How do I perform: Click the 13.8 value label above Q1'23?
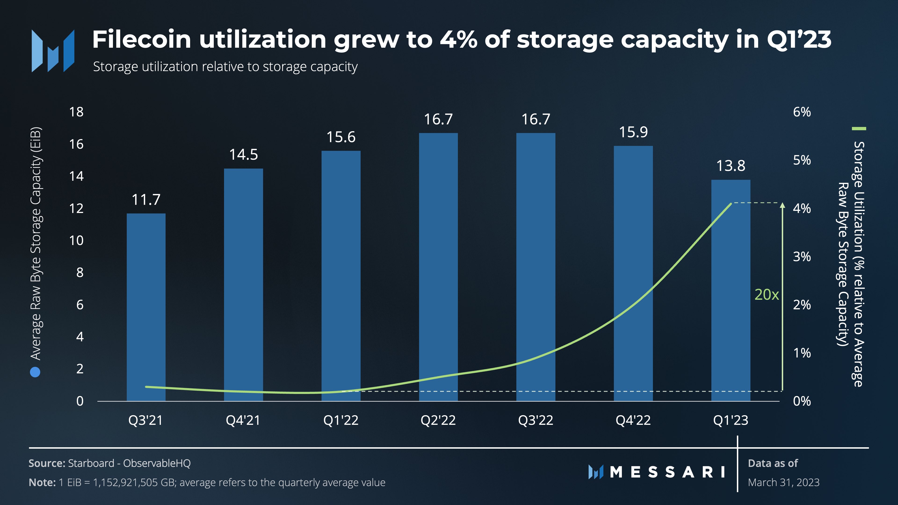pyautogui.click(x=731, y=166)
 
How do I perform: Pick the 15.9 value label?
pyautogui.click(x=633, y=132)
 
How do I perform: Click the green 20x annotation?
pyautogui.click(x=766, y=295)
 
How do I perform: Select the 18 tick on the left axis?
pyautogui.click(x=76, y=112)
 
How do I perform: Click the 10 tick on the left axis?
pyautogui.click(x=76, y=241)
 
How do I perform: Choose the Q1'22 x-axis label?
pyautogui.click(x=340, y=420)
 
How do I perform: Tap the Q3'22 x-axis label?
pyautogui.click(x=536, y=420)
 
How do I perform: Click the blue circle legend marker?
pyautogui.click(x=35, y=372)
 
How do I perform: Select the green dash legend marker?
pyautogui.click(x=859, y=129)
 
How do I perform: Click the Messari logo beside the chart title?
pyautogui.click(x=53, y=51)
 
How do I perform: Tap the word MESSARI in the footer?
pyautogui.click(x=668, y=472)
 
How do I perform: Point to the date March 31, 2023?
pyautogui.click(x=783, y=482)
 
